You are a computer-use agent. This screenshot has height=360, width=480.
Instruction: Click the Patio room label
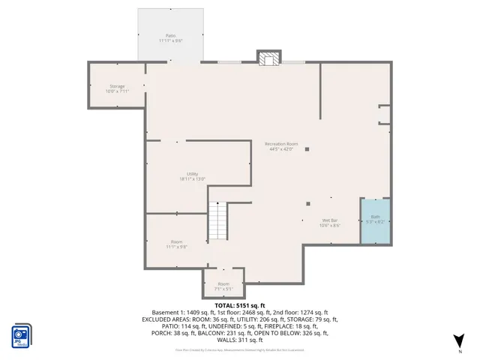tap(171, 35)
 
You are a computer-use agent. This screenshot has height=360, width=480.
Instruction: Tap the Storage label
tap(117, 86)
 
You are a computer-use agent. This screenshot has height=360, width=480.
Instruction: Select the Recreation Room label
tap(281, 143)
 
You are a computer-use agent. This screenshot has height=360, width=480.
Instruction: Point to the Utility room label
tap(192, 174)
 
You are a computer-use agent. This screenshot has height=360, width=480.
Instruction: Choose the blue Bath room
tap(376, 221)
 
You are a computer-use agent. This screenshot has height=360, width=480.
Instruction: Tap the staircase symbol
tap(217, 221)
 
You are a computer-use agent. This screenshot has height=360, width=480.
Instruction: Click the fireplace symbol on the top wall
tap(268, 58)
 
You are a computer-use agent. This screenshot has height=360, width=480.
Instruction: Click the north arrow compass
tap(459, 339)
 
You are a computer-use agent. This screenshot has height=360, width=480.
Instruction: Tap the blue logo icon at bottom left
tap(21, 334)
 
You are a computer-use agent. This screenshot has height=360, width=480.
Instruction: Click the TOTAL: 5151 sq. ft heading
tap(240, 305)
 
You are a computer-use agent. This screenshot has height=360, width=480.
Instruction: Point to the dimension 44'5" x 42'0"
tap(281, 149)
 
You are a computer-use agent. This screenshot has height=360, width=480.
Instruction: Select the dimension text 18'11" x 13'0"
tap(192, 179)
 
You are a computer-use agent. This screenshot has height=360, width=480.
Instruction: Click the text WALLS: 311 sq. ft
tap(240, 340)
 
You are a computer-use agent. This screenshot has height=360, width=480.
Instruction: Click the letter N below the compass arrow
tap(459, 351)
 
